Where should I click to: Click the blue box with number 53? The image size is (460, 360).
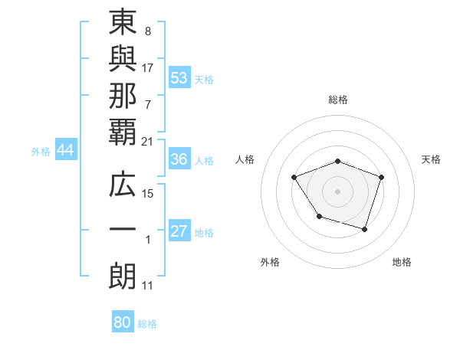click(x=179, y=79)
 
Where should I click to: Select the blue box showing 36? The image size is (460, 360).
click(x=179, y=160)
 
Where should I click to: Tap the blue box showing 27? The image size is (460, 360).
click(x=179, y=232)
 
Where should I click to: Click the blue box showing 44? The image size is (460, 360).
click(x=65, y=151)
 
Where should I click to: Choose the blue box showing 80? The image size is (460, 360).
click(x=123, y=322)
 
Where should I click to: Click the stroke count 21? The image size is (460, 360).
click(x=147, y=142)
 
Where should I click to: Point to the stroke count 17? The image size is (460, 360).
click(x=148, y=68)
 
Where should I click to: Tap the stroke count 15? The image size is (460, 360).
click(x=149, y=194)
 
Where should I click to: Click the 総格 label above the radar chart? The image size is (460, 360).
click(x=338, y=100)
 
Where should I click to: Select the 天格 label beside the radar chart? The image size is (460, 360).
click(x=432, y=159)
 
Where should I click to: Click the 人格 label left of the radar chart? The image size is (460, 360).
click(x=245, y=159)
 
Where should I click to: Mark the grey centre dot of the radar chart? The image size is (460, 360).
click(x=338, y=190)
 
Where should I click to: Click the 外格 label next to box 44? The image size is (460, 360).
click(x=41, y=152)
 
